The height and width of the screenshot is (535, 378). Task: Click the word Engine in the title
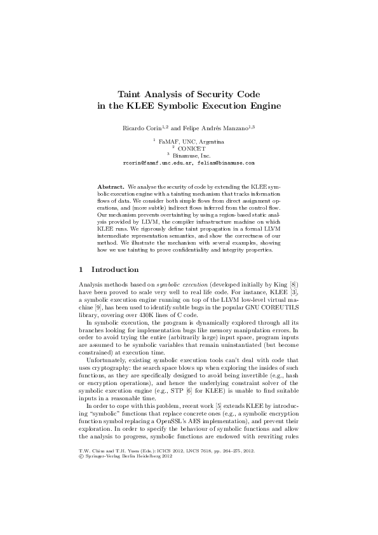click(x=264, y=105)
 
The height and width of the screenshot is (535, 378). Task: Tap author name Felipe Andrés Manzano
click(x=212, y=128)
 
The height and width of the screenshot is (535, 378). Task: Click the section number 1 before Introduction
click(x=79, y=269)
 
